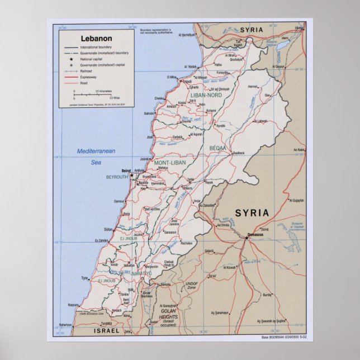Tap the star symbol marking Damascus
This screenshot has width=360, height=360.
[x=246, y=238]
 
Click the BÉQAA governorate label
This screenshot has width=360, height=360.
[x=218, y=148]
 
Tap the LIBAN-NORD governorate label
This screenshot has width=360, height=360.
[x=206, y=96]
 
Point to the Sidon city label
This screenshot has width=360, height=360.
[x=108, y=229]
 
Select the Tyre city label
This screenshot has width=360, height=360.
[x=85, y=278]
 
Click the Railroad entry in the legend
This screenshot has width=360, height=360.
[x=86, y=72]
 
